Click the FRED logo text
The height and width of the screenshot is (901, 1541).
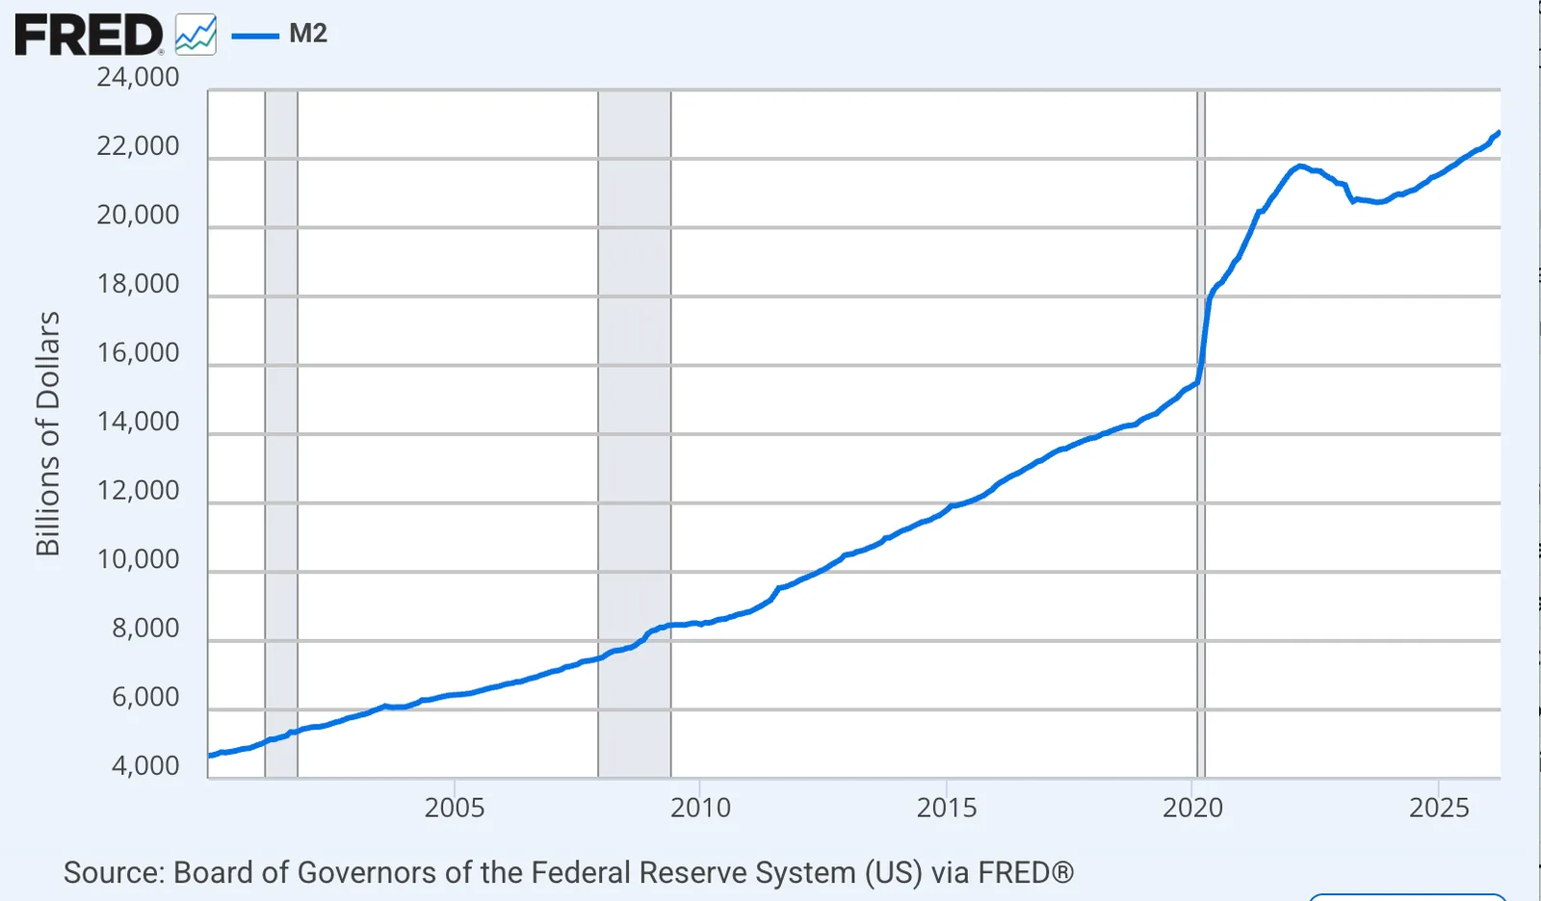[x=89, y=35]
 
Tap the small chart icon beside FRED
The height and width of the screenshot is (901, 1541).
[x=196, y=35]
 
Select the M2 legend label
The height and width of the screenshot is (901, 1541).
[x=307, y=33]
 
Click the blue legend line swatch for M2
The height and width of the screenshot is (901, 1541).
[x=255, y=36]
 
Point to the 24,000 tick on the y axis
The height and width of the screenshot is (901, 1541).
[x=138, y=77]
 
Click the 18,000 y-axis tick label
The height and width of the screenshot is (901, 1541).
[x=138, y=283]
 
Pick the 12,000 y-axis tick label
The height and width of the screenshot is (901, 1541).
[x=138, y=490]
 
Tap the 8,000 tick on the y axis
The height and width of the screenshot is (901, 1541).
[x=145, y=628]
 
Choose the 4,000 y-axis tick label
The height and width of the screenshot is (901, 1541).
[x=145, y=765]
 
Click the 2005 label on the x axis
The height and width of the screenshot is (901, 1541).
[x=454, y=808]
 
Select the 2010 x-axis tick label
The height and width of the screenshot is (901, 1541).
[x=700, y=808]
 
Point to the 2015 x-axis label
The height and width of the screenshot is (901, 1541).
[x=947, y=808]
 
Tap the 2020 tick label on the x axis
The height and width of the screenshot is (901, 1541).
[x=1193, y=808]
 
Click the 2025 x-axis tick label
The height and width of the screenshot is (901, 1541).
[x=1439, y=808]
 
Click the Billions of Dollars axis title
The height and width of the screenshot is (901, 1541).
[x=48, y=434]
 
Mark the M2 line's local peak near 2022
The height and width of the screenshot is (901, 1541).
[x=1299, y=166]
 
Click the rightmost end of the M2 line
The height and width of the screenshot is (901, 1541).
[x=1499, y=132]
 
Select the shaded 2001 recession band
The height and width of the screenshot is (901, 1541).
[x=281, y=434]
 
